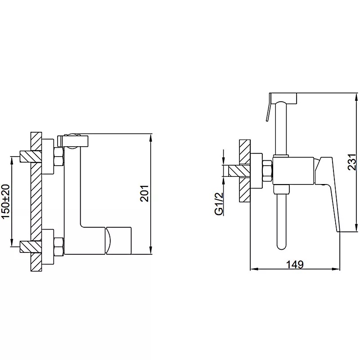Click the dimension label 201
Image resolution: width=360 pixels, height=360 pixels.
coord(144,193)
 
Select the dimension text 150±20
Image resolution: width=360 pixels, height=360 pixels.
coord(6,201)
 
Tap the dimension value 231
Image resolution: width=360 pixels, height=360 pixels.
coord(352,162)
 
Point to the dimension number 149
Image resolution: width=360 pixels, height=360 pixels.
coord(295,265)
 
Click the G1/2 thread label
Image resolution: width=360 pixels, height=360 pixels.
coord(219,204)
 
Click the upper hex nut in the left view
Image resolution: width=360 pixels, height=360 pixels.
coord(58,157)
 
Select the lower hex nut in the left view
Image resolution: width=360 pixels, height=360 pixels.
coord(58,246)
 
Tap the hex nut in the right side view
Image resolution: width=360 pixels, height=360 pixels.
coord(267,171)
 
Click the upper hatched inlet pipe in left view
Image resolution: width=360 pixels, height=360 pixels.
coord(30,157)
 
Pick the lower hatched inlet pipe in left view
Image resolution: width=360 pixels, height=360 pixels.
coord(30,247)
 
